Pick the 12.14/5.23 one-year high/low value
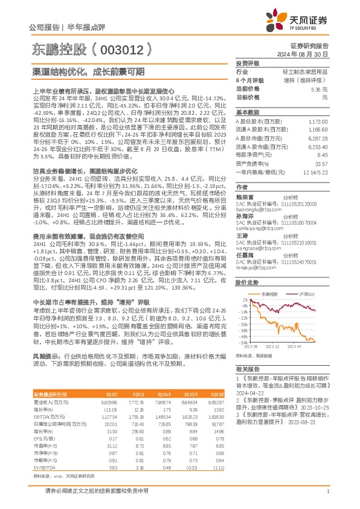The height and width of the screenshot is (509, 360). pyautogui.click(x=317, y=172)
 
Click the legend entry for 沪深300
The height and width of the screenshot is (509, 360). pyautogui.click(x=309, y=294)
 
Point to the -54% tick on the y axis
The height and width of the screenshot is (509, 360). pyautogui.click(x=242, y=342)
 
